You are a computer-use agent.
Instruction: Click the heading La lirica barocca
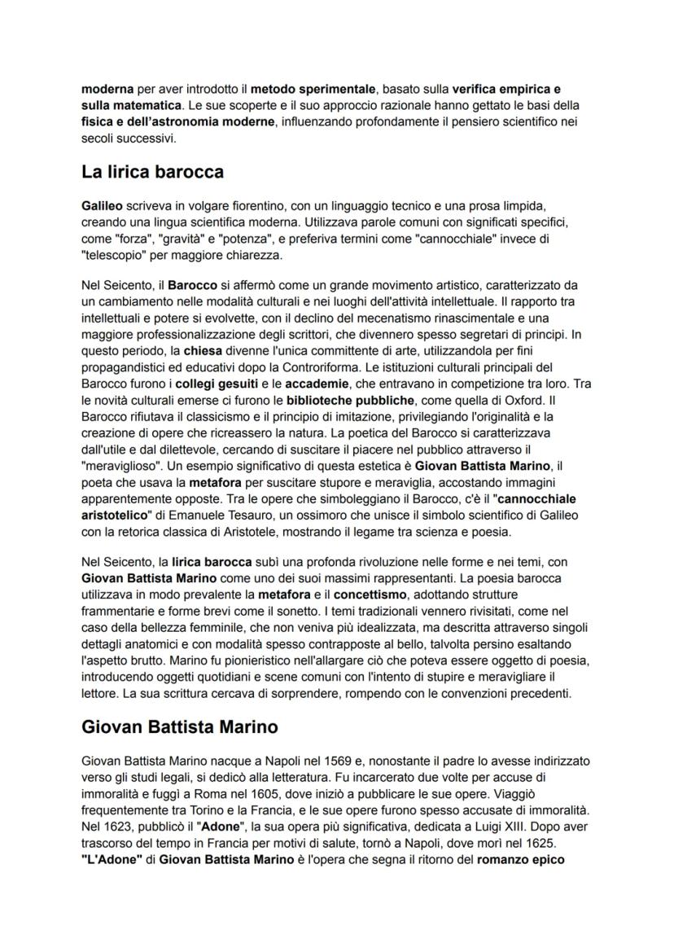(153, 173)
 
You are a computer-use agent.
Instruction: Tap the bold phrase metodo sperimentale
(298, 87)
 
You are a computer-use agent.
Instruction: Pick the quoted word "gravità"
(177, 238)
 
